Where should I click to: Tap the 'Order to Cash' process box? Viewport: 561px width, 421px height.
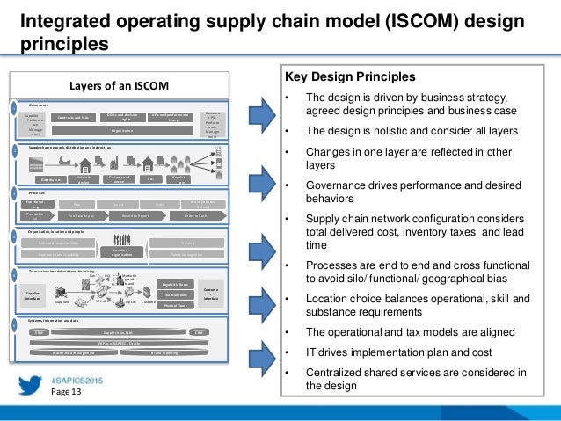[201, 216]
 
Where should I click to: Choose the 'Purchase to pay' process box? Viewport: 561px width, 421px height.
[81, 216]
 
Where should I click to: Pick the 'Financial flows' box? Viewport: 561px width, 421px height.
[175, 296]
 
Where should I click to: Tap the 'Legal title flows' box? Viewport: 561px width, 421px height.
[175, 285]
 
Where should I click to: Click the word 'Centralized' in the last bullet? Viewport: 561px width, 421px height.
[333, 372]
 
